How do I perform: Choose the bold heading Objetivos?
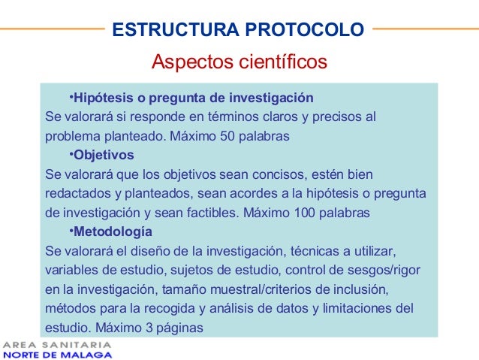(104, 156)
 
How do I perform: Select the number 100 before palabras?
(306, 213)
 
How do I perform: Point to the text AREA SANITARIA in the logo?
(58, 345)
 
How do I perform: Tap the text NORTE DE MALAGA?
(58, 355)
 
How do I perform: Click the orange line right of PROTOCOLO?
(424, 30)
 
